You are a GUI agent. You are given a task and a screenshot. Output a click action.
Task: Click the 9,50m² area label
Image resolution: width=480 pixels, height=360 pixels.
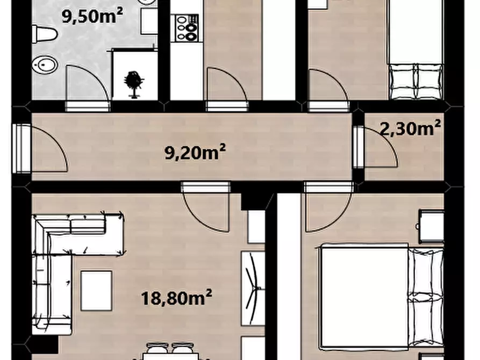coord(92,16)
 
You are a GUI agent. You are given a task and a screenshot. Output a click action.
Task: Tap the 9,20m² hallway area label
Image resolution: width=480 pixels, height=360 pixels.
coord(195,152)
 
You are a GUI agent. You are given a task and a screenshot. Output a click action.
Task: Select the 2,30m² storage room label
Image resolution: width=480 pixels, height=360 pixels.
coord(410,128)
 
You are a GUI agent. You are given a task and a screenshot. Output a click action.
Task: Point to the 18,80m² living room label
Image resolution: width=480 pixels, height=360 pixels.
coord(177,298)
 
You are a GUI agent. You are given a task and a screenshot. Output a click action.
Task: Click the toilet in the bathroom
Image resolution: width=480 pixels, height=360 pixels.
coord(45,34)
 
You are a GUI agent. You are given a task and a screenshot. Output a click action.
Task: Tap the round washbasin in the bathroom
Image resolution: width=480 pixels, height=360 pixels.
coord(45,64)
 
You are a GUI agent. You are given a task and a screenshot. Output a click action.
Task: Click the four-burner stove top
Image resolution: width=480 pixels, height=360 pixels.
coord(187,28)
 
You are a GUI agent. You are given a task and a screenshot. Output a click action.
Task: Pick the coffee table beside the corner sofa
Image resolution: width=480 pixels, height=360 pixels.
coord(96,291)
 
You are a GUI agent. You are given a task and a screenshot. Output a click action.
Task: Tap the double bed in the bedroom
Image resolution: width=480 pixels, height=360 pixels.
coord(382,296)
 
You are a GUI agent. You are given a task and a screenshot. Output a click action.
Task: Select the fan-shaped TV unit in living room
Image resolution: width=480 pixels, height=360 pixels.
coord(253,289)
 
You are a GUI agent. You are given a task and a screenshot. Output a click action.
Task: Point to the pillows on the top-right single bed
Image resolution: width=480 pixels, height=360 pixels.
coord(416,81)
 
